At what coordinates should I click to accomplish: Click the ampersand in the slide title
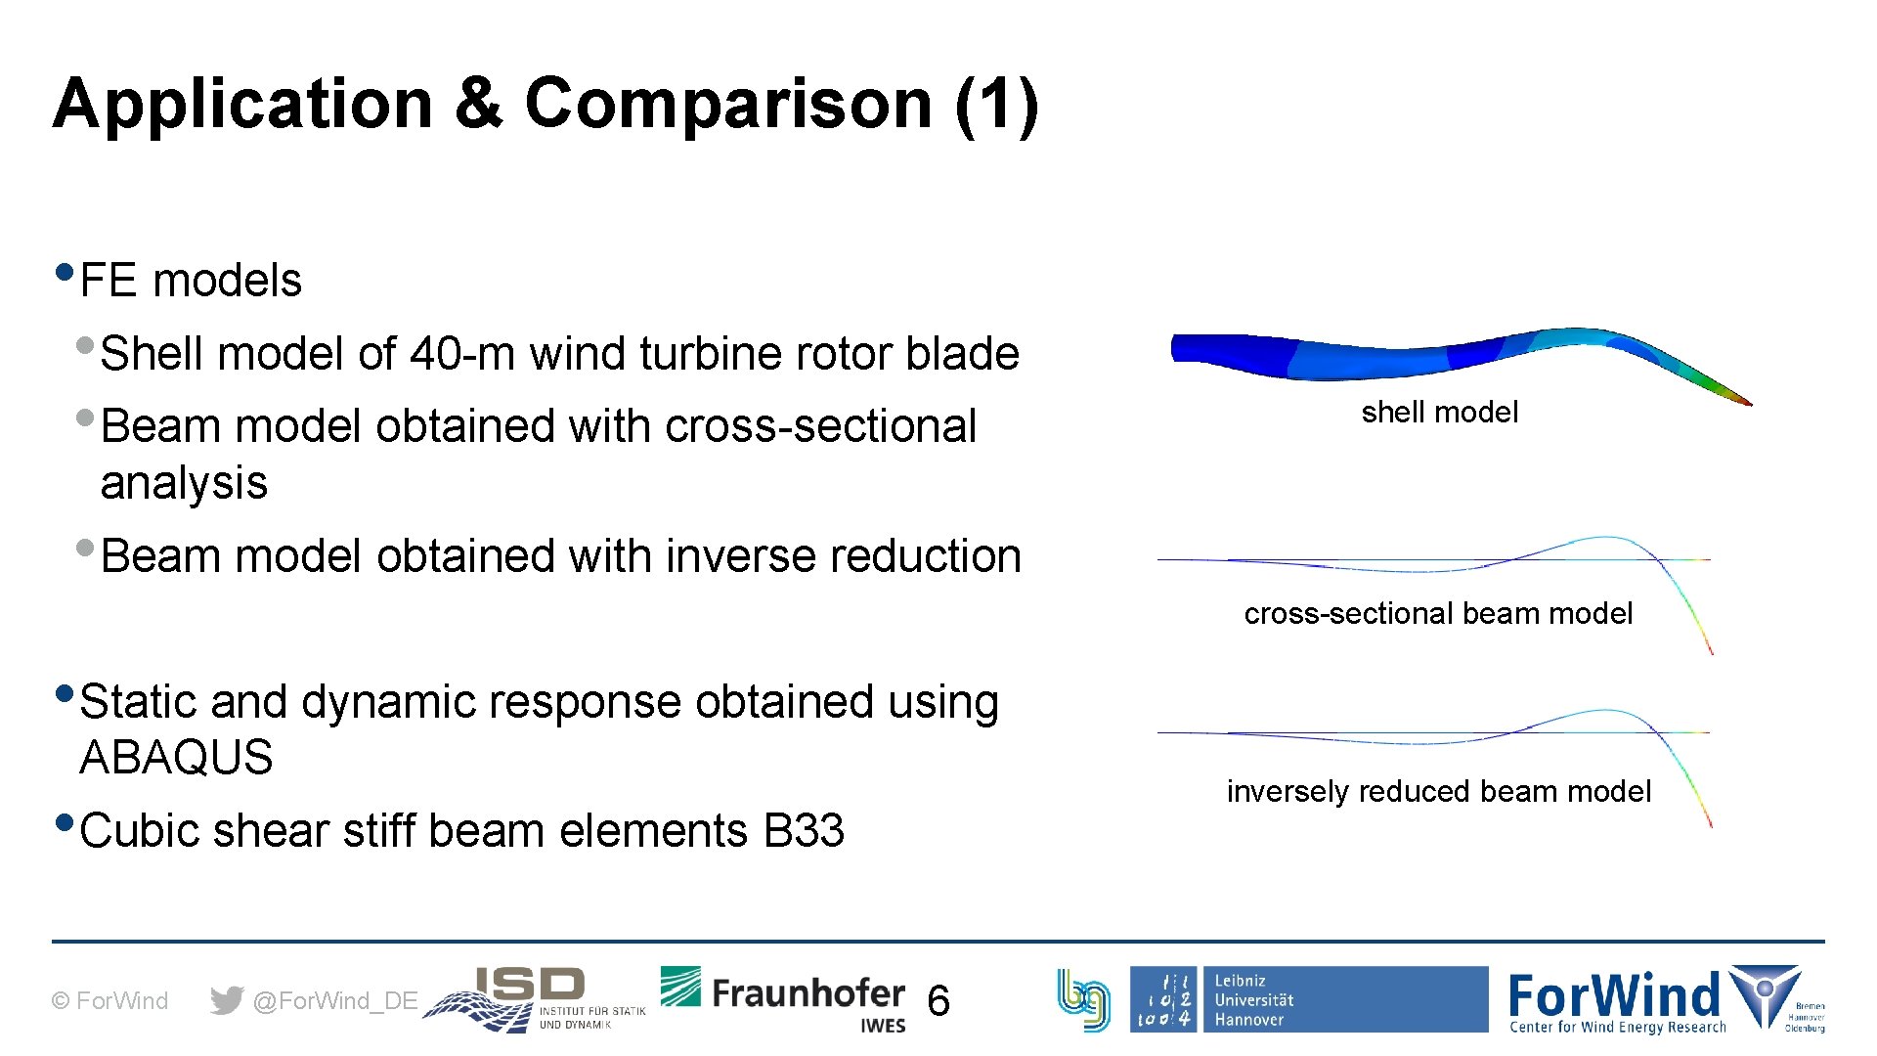(x=478, y=104)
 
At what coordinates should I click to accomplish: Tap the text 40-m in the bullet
(x=461, y=353)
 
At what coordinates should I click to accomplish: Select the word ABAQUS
(x=176, y=758)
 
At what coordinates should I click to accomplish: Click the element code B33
(x=804, y=831)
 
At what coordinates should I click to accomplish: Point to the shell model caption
(x=1439, y=413)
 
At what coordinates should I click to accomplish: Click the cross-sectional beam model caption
(x=1438, y=614)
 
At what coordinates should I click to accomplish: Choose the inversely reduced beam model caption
(x=1438, y=791)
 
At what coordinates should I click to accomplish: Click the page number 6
(x=938, y=1001)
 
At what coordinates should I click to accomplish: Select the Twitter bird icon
(x=227, y=1000)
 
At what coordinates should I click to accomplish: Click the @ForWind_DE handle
(x=335, y=1001)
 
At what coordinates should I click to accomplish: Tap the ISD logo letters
(x=530, y=985)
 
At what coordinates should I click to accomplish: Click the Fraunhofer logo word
(x=808, y=993)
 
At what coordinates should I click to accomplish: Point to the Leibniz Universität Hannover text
(x=1253, y=1000)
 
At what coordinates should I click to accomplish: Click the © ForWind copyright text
(x=109, y=1001)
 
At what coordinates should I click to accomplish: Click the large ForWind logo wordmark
(x=1613, y=995)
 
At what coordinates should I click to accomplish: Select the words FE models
(x=191, y=281)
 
